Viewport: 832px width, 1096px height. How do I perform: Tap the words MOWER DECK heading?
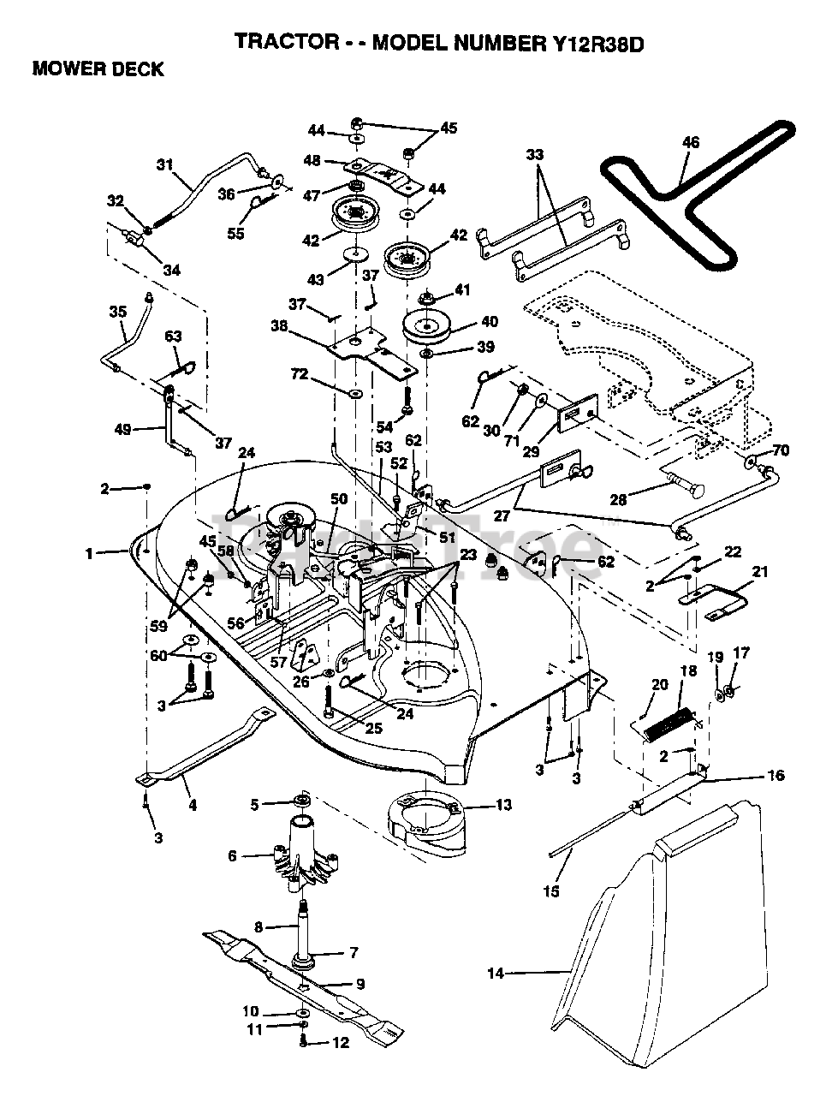tap(98, 70)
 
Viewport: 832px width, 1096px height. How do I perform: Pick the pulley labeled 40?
tap(432, 325)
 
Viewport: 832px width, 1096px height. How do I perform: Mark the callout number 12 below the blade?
tap(342, 1043)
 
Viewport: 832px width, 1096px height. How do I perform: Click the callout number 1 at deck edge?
tap(88, 553)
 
